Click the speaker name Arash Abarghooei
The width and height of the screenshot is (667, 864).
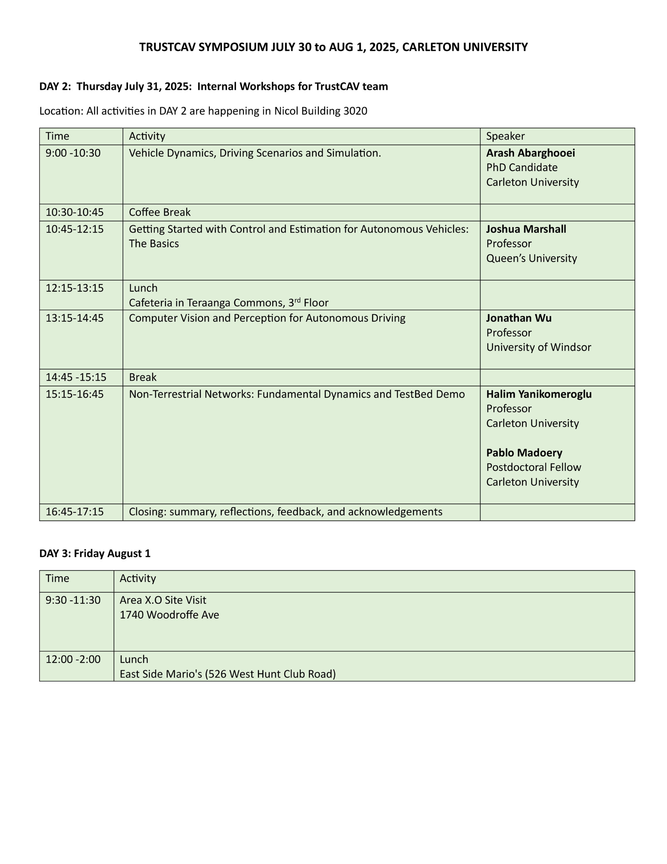click(530, 153)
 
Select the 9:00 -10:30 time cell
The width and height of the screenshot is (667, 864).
click(73, 153)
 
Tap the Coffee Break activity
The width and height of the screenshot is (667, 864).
click(159, 212)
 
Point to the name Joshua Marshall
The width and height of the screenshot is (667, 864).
click(526, 229)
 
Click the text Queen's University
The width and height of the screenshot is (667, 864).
click(531, 258)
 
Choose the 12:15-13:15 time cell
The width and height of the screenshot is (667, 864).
click(74, 288)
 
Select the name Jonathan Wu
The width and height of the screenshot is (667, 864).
click(519, 318)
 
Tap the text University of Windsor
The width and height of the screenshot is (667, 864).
click(539, 347)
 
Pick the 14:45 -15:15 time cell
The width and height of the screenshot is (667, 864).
click(76, 377)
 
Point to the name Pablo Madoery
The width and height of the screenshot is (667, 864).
click(524, 453)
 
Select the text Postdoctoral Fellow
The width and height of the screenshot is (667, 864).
click(533, 467)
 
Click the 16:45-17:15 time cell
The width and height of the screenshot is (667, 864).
click(74, 512)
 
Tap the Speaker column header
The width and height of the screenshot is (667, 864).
click(505, 136)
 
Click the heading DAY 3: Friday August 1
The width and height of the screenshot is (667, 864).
click(95, 553)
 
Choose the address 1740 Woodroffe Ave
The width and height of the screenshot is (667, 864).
click(169, 615)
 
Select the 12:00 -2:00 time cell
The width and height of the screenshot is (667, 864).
click(73, 659)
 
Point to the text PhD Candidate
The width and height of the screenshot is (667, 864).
click(522, 168)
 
